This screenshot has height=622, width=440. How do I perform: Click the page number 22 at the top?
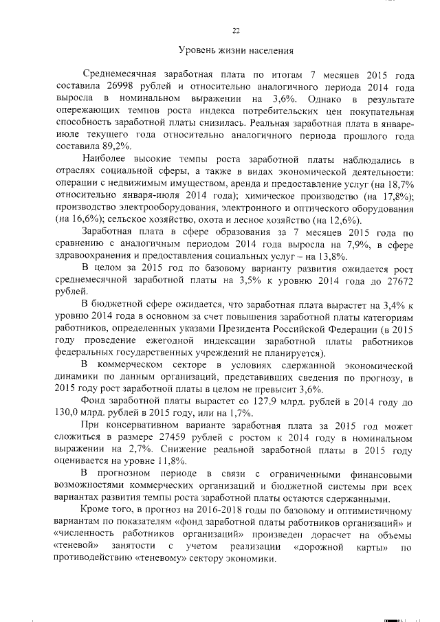(x=236, y=30)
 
